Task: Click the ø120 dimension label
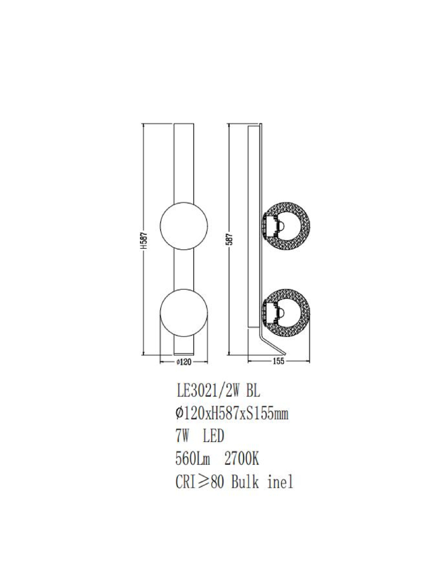184,362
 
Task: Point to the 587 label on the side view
229,241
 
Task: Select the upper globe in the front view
184,225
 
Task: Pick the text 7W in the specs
182,436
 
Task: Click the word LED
213,436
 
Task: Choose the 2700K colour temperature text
241,459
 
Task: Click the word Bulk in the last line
245,482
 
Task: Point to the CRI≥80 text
199,482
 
